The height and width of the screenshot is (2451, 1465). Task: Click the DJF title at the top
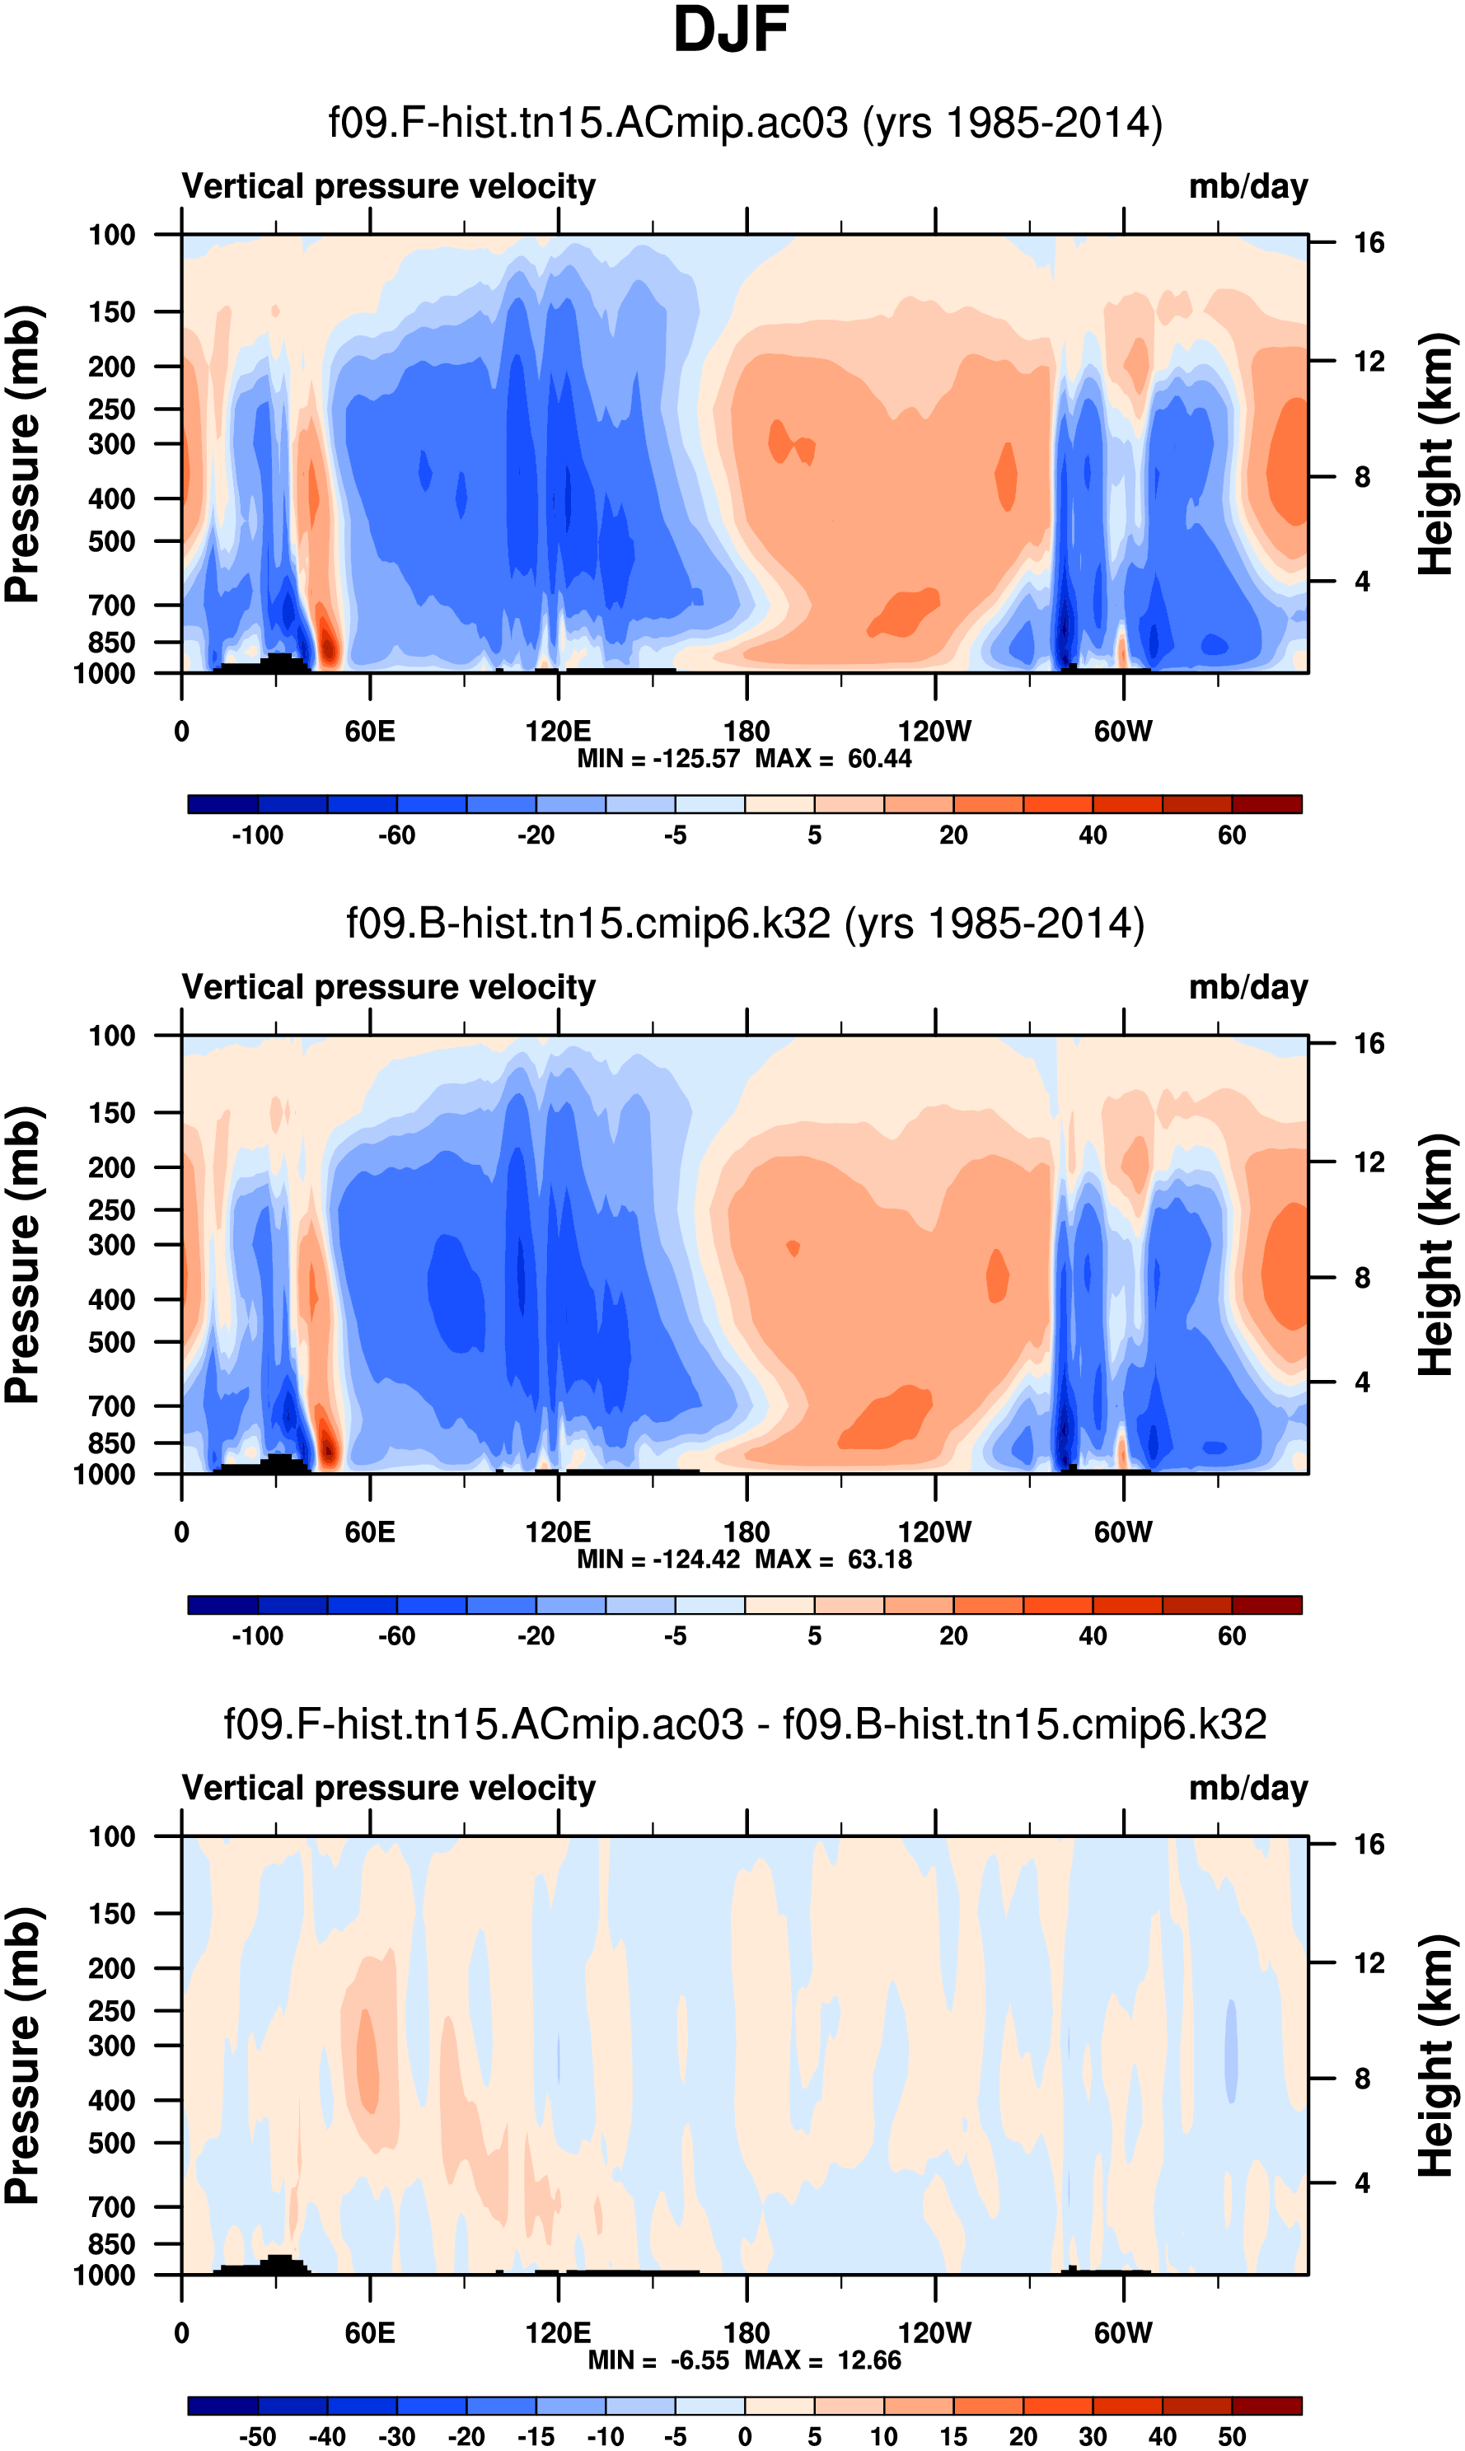click(731, 30)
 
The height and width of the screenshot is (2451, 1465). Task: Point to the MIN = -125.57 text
click(658, 759)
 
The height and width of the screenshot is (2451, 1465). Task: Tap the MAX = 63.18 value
click(833, 1560)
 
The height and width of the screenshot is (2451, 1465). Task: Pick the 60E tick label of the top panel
click(370, 732)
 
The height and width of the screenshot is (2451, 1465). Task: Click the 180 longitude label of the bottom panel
click(747, 2332)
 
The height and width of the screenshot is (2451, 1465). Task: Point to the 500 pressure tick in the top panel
click(111, 542)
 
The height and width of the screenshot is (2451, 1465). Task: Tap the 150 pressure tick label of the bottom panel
click(111, 1914)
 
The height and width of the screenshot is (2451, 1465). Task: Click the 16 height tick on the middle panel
click(1369, 1043)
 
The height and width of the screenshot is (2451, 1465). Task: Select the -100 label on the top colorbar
click(258, 835)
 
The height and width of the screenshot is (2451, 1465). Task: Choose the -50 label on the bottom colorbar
click(258, 2436)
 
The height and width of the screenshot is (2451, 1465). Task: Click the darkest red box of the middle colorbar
click(1266, 1605)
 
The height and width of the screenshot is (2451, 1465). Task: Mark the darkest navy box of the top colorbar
click(223, 804)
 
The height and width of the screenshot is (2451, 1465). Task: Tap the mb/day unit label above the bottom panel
click(1247, 1789)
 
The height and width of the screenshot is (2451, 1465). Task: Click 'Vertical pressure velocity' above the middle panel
click(388, 988)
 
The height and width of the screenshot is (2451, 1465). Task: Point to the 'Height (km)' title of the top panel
click(1436, 454)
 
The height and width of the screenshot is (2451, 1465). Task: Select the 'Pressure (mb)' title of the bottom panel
click(21, 2056)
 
